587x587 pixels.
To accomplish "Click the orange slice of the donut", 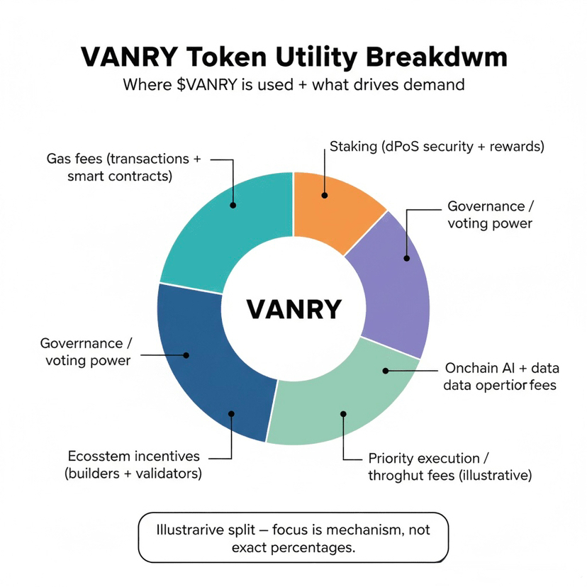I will pyautogui.click(x=333, y=209).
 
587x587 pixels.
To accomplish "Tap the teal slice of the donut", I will pyautogui.click(x=227, y=227).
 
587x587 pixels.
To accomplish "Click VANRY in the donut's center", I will pyautogui.click(x=293, y=309).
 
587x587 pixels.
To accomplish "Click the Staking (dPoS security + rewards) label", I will pyautogui.click(x=437, y=147).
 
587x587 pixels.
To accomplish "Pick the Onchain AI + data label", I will pyautogui.click(x=501, y=376).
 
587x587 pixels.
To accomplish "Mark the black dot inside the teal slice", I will pyautogui.click(x=233, y=206).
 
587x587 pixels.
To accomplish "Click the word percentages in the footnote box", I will pyautogui.click(x=320, y=547).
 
